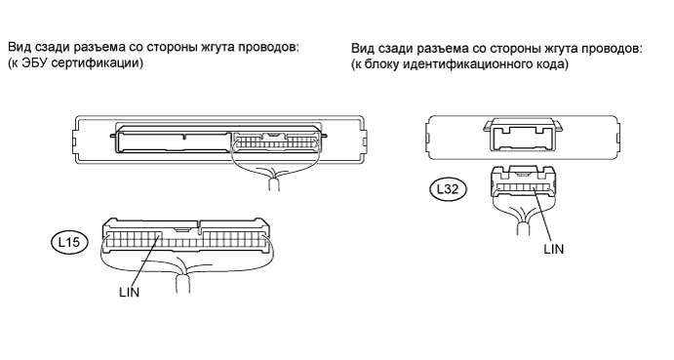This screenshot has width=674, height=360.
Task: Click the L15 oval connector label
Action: [x=69, y=242]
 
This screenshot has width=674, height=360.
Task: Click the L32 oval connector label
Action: [x=448, y=189]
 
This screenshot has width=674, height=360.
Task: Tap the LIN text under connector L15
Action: [x=130, y=293]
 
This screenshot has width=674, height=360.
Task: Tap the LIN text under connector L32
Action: [x=554, y=249]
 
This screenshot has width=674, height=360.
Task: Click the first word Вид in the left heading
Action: [x=19, y=47]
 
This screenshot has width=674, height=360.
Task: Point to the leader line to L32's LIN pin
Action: [x=542, y=215]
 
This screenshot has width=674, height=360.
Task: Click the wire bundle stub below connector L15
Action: [x=183, y=284]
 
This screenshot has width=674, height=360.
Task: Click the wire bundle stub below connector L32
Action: [x=523, y=228]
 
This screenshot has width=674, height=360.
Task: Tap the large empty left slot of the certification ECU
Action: [x=174, y=142]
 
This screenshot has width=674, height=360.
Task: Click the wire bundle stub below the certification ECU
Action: [x=274, y=184]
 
